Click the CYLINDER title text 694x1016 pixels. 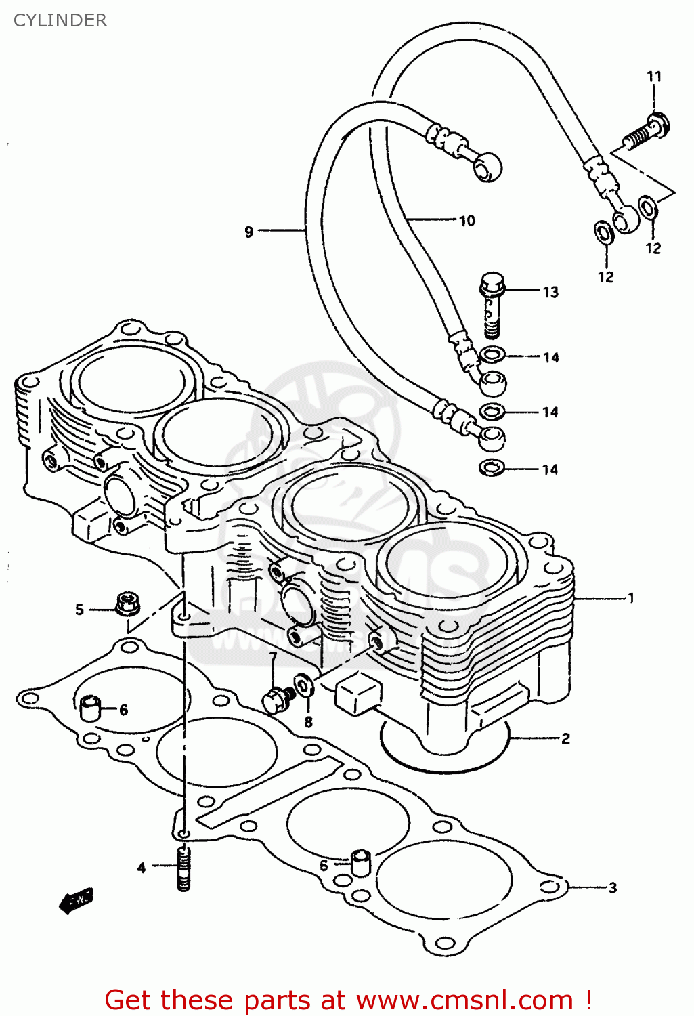pos(60,20)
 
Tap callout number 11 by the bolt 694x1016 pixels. pos(653,77)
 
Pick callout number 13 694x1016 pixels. pos(550,292)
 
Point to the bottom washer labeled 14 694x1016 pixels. pos(491,467)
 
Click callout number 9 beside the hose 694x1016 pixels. pos(248,232)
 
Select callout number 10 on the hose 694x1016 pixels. pos(467,221)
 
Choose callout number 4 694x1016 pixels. pos(141,868)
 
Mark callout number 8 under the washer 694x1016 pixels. pos(308,722)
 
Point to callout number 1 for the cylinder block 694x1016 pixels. pos(630,598)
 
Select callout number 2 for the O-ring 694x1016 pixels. pos(565,738)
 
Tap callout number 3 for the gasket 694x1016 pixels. pos(612,887)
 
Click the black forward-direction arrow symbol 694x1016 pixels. pos(76,901)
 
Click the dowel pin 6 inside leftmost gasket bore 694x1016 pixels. pos(90,708)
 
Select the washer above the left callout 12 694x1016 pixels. pos(603,232)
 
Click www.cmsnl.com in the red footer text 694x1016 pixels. pos(464,1000)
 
